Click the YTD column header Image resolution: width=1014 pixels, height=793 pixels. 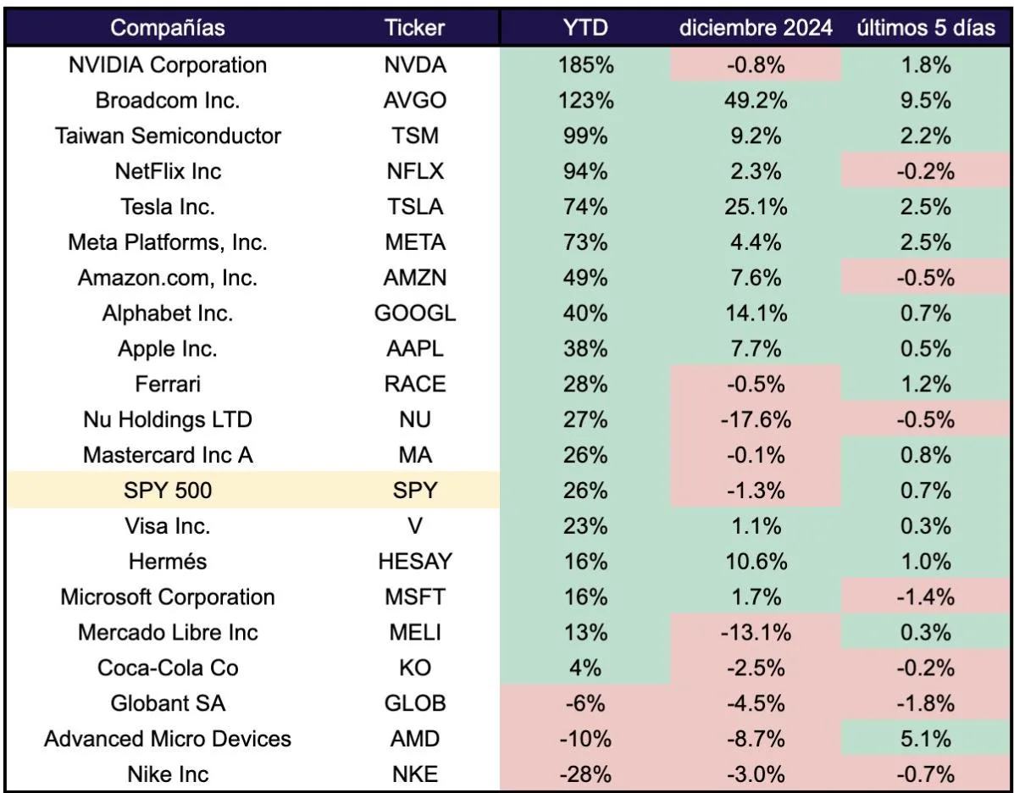(x=585, y=28)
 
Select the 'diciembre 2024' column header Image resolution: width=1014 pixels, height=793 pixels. (x=756, y=28)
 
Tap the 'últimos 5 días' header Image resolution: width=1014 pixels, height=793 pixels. (x=926, y=28)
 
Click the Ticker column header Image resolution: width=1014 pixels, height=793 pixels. (x=414, y=28)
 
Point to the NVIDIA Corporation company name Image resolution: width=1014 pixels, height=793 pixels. (x=168, y=64)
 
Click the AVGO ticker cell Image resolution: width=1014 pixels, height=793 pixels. (x=414, y=100)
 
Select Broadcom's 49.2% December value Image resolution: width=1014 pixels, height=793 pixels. (x=756, y=100)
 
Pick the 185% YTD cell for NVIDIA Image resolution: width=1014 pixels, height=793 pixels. (x=585, y=64)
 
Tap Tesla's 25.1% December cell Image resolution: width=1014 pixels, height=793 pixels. (x=756, y=207)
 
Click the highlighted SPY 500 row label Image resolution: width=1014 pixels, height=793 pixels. (x=168, y=491)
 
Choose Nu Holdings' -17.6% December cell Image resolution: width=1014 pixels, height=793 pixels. (x=756, y=419)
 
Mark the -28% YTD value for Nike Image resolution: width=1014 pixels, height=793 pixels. (x=585, y=774)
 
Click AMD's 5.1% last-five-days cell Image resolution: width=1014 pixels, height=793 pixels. (x=926, y=738)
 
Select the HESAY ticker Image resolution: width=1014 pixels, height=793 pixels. (x=414, y=561)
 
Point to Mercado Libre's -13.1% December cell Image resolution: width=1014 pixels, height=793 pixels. (x=756, y=632)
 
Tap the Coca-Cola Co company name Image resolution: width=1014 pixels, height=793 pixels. (x=168, y=668)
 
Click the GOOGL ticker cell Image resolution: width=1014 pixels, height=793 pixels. (x=414, y=313)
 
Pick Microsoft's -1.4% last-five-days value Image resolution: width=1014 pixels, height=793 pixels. (x=926, y=596)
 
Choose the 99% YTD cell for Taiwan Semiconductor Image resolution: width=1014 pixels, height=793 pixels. (x=585, y=136)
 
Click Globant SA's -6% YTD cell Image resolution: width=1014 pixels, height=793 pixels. (x=585, y=702)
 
